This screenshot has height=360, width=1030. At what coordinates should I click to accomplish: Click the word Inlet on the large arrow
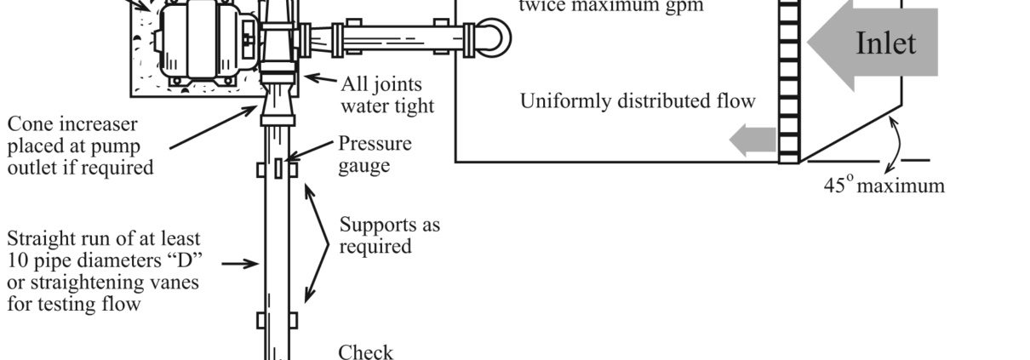pyautogui.click(x=885, y=43)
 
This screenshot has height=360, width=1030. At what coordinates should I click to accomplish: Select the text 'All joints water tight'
pyautogui.click(x=386, y=94)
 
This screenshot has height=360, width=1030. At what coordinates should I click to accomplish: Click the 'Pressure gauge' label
pyautogui.click(x=375, y=153)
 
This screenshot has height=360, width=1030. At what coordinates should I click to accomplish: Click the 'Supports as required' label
pyautogui.click(x=389, y=236)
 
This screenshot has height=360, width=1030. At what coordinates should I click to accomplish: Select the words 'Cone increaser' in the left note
pyautogui.click(x=72, y=124)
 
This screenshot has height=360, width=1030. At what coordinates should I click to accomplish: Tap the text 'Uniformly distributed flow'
pyautogui.click(x=638, y=101)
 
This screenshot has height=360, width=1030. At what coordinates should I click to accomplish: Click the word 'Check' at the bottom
pyautogui.click(x=366, y=351)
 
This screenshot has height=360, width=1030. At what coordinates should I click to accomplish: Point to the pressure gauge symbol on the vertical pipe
pyautogui.click(x=278, y=167)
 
